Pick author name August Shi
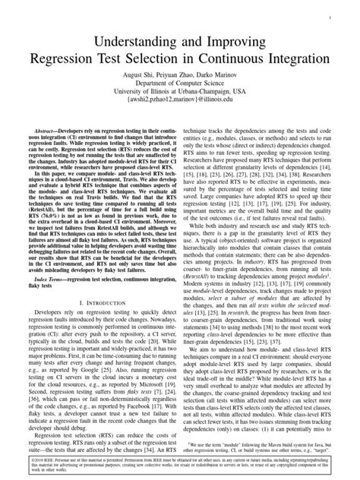(137, 77)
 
